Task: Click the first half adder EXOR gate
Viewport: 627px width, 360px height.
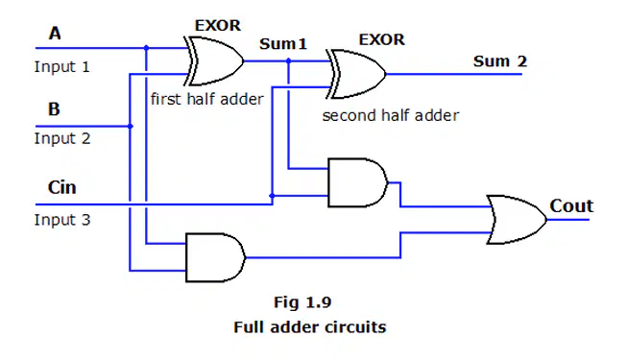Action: click(214, 61)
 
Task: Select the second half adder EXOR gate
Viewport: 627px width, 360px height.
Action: click(356, 74)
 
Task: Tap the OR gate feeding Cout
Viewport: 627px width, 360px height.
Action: click(517, 220)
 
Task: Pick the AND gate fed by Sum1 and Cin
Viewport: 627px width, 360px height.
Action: click(358, 182)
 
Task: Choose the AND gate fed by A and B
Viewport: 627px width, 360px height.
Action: click(215, 257)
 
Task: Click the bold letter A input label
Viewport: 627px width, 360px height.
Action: click(55, 34)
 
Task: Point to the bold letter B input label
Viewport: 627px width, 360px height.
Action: click(54, 108)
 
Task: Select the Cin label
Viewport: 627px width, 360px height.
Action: click(62, 187)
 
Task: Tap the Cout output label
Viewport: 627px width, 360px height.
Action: click(571, 206)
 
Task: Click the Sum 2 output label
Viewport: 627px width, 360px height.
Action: click(500, 61)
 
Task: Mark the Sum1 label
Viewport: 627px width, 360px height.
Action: click(283, 43)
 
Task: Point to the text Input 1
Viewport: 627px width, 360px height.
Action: click(62, 66)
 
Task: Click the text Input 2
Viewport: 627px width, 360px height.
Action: click(62, 138)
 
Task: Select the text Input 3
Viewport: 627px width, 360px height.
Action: click(62, 220)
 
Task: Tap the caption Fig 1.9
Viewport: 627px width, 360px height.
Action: click(302, 302)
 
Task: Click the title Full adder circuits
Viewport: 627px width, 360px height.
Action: click(310, 327)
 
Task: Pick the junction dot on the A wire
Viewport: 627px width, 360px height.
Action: click(146, 48)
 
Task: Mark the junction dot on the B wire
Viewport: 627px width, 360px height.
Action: click(130, 126)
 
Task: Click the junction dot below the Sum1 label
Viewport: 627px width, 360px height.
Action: click(288, 60)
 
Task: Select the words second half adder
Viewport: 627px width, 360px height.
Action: click(391, 115)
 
